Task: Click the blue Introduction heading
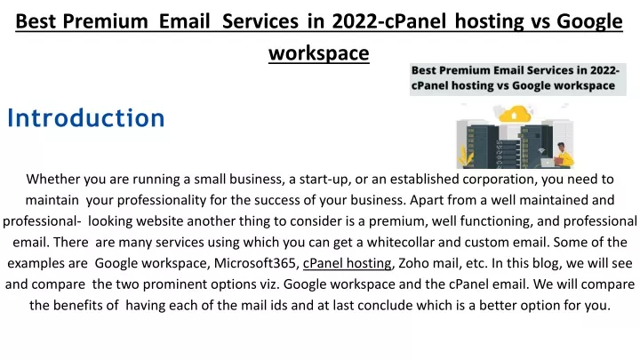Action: point(85,118)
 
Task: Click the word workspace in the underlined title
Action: point(319,53)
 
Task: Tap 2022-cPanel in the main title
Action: point(389,21)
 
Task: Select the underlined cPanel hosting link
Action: point(347,263)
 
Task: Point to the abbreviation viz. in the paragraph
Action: point(269,284)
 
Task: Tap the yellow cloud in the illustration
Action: point(515,114)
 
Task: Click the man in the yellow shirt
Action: point(564,155)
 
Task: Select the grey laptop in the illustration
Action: point(548,162)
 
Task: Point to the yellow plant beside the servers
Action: point(466,156)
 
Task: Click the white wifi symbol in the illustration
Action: point(541,150)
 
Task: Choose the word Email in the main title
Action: point(184,21)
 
